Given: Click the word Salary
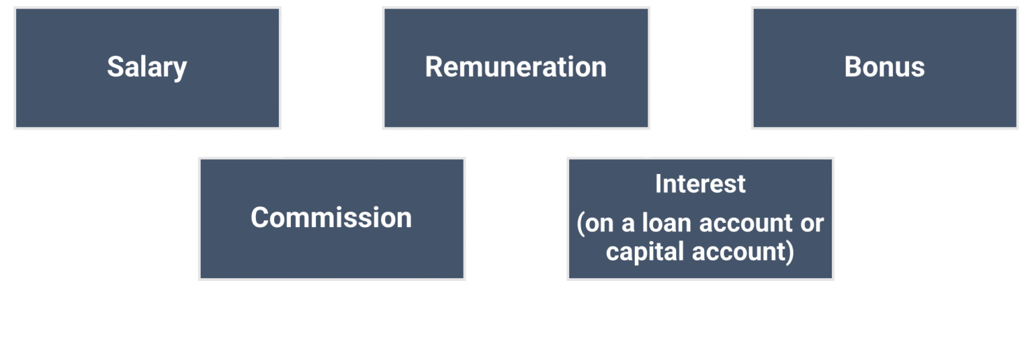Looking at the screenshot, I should (146, 67).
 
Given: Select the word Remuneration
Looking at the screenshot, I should (515, 67).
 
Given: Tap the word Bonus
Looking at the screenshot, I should (884, 67).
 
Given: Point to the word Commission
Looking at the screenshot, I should (331, 218).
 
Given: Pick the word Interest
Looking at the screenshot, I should (700, 184).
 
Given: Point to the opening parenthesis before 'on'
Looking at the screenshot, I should (581, 224).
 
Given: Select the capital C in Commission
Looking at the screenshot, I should (260, 218).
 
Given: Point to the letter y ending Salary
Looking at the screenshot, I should (179, 70).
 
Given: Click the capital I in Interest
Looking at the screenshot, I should (658, 184).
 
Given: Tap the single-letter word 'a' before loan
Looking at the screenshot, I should (628, 224).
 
